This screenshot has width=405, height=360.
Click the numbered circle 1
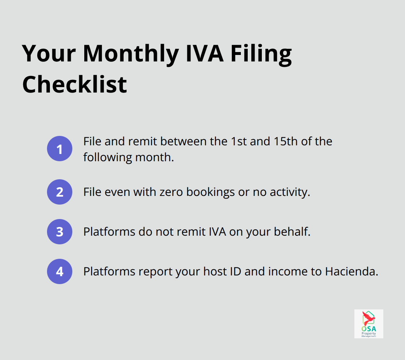pos(60,149)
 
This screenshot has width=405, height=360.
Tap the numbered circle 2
pos(60,192)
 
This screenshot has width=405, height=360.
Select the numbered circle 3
pos(60,232)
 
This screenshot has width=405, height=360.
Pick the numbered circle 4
pos(60,271)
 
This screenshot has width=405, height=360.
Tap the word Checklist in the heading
pos(74,84)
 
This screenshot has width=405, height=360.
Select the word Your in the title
pos(49,53)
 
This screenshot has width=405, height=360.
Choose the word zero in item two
pos(170,192)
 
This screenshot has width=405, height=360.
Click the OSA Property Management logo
pos(368,323)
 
